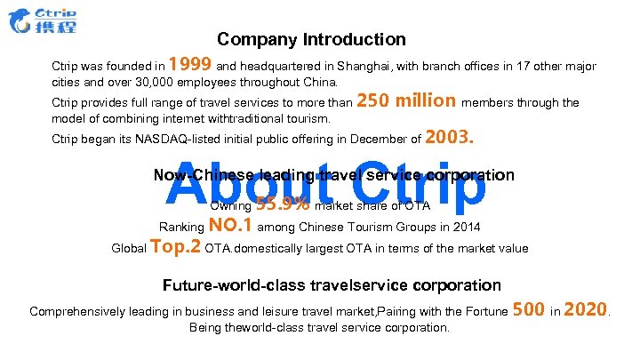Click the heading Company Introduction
coord(311,40)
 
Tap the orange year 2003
coord(452,137)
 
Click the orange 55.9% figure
coord(283,205)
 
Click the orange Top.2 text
coord(177,246)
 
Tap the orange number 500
coord(529,309)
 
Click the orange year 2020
coord(586,309)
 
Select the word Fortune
coord(484,311)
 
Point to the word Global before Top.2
coord(130,248)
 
